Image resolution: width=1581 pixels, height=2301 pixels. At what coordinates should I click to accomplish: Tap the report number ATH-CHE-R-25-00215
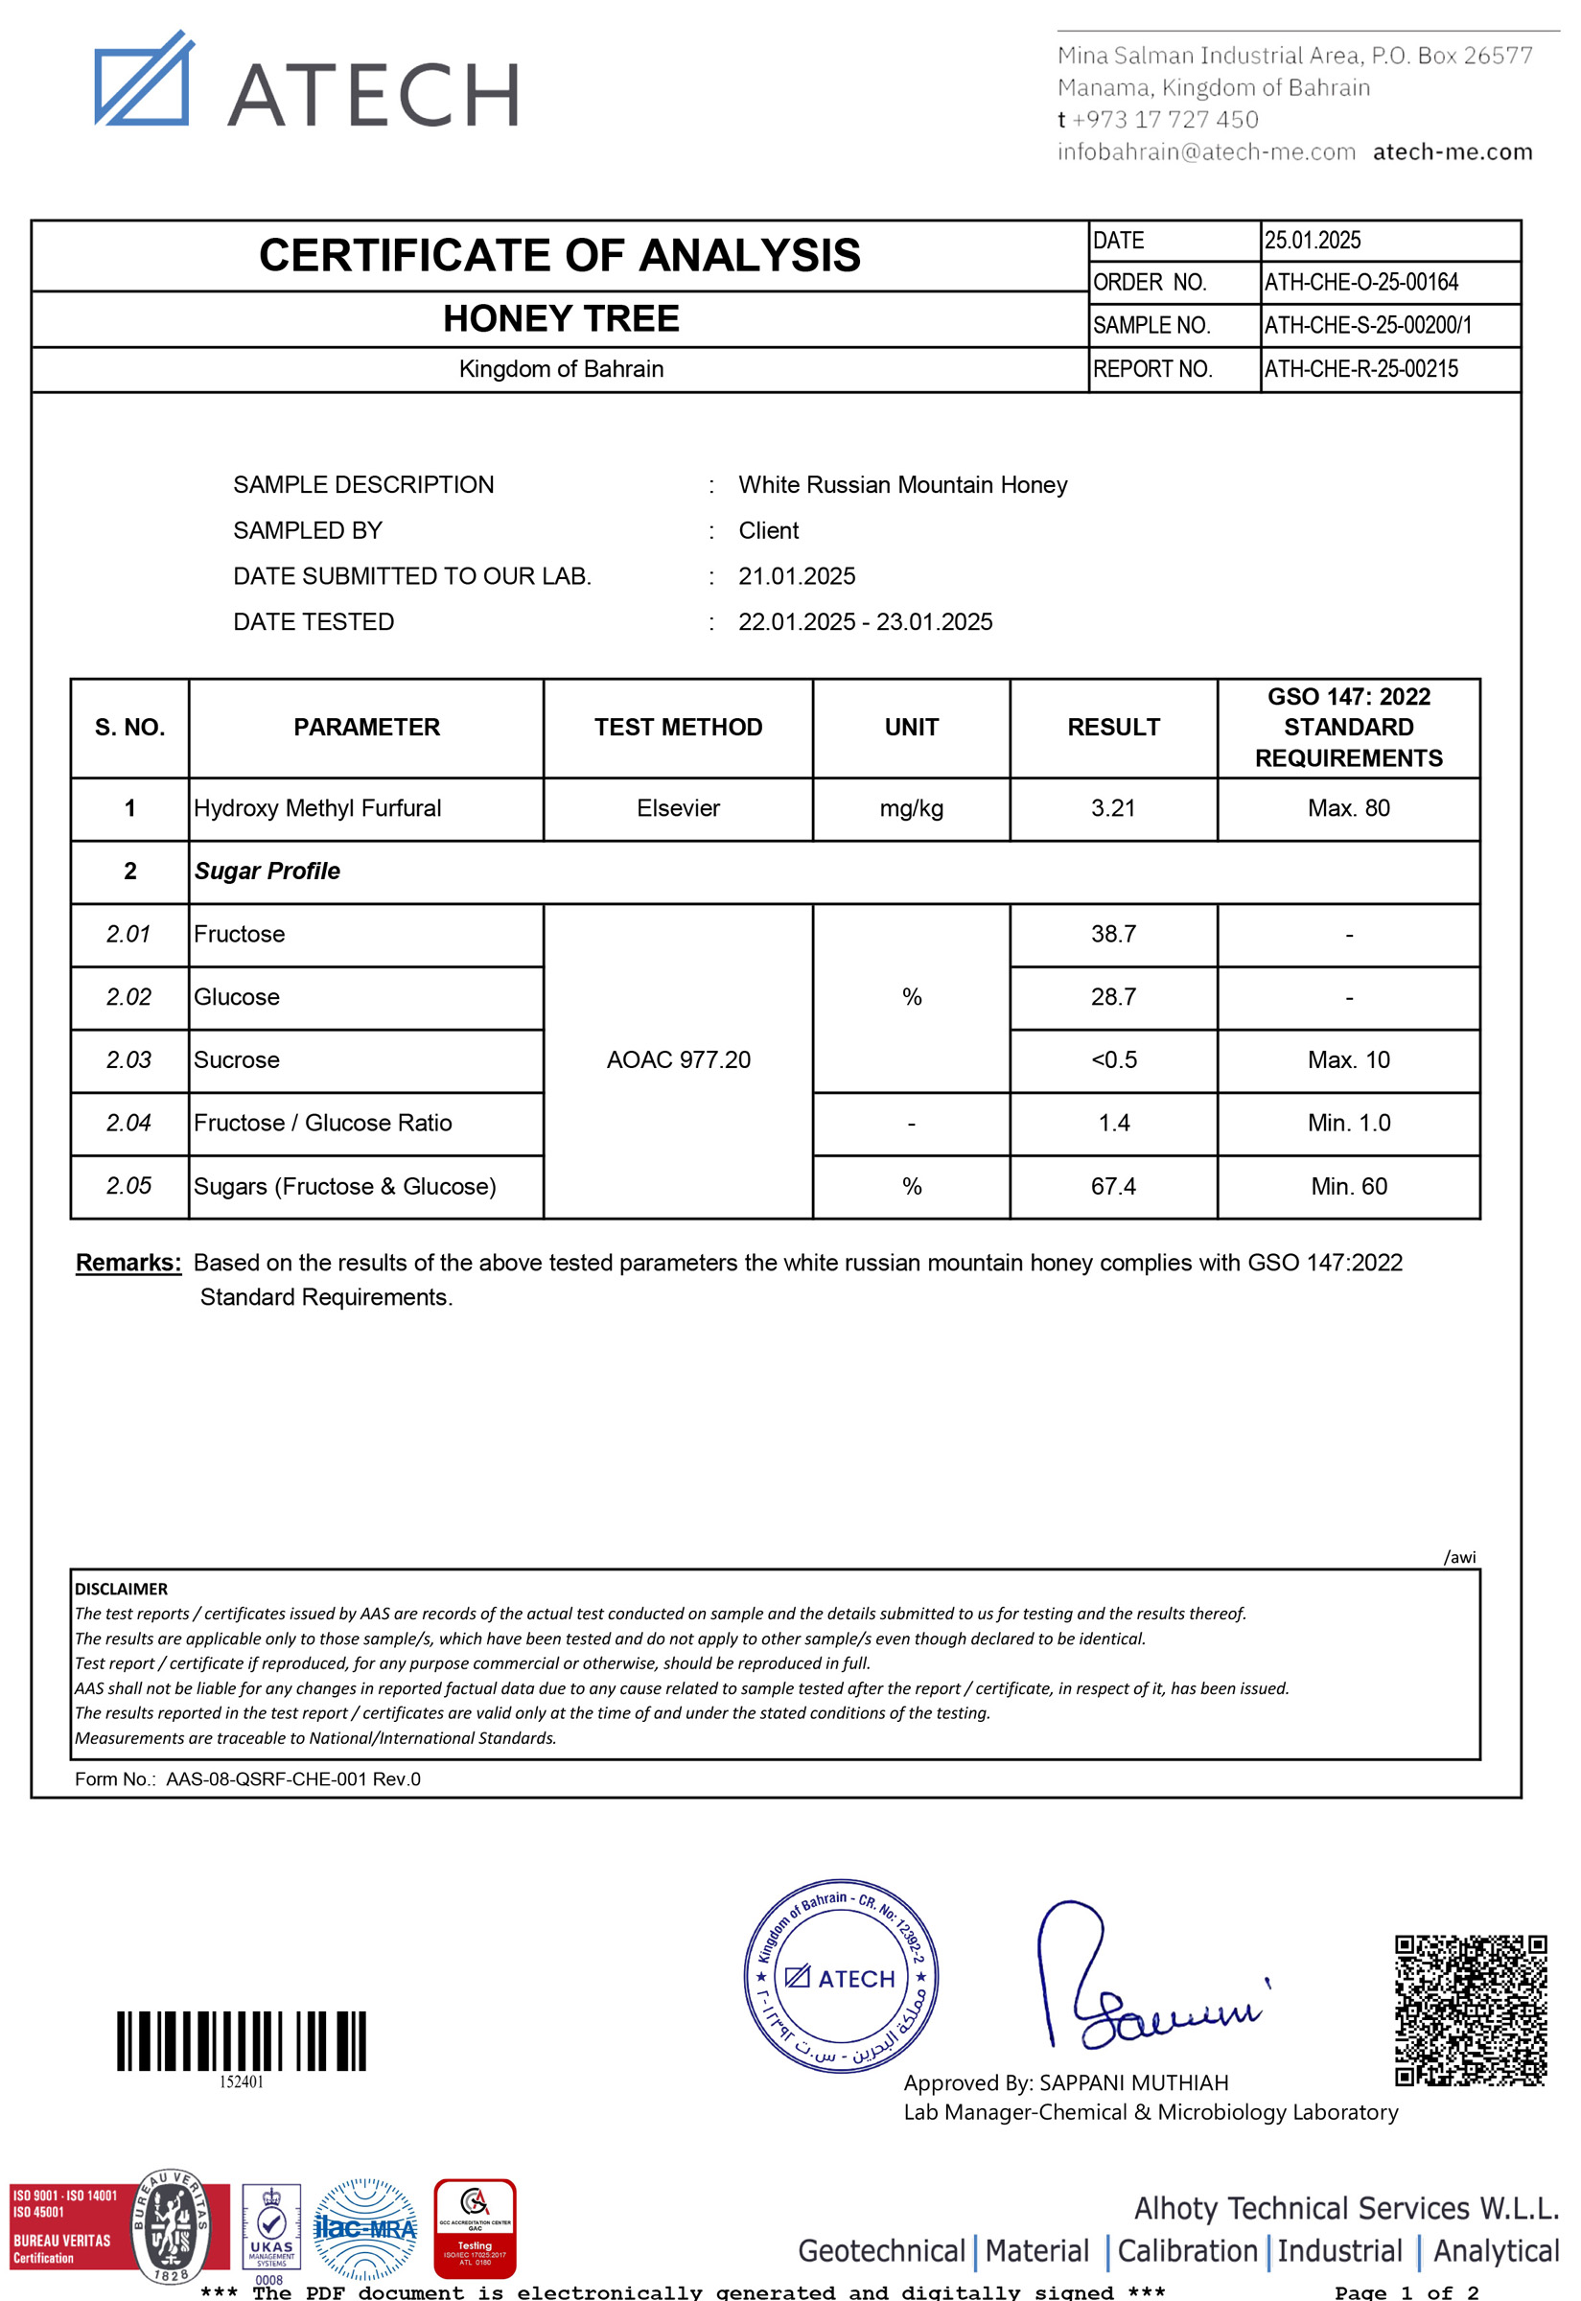pos(1361,369)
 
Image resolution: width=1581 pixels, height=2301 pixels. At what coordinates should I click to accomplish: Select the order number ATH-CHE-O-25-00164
pos(1361,282)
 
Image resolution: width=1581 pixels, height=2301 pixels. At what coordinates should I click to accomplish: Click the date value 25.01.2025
pos(1313,241)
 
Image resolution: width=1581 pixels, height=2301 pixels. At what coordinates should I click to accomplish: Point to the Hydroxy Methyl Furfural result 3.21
pos(1113,808)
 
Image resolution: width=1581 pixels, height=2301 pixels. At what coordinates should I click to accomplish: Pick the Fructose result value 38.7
pos(1113,934)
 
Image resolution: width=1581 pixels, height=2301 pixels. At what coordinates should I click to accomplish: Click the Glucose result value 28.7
pos(1113,997)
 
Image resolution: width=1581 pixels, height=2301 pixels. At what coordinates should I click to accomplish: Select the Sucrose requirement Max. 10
pos(1348,1059)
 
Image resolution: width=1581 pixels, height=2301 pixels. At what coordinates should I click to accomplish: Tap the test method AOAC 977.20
pos(679,1059)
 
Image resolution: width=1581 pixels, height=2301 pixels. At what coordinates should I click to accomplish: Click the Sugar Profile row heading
pos(267,872)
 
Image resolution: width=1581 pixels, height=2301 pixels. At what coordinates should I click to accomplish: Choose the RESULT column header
pos(1113,727)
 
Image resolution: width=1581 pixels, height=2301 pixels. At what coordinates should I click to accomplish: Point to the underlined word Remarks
pos(128,1263)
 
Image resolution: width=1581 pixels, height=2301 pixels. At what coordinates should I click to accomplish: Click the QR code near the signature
pos(1470,2010)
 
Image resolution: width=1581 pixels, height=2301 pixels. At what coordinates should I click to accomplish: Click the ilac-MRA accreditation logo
pos(365,2229)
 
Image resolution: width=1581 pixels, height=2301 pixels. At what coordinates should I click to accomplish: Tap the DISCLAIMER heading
pos(122,1589)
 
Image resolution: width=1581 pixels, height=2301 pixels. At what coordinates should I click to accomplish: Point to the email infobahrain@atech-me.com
pos(1205,152)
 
